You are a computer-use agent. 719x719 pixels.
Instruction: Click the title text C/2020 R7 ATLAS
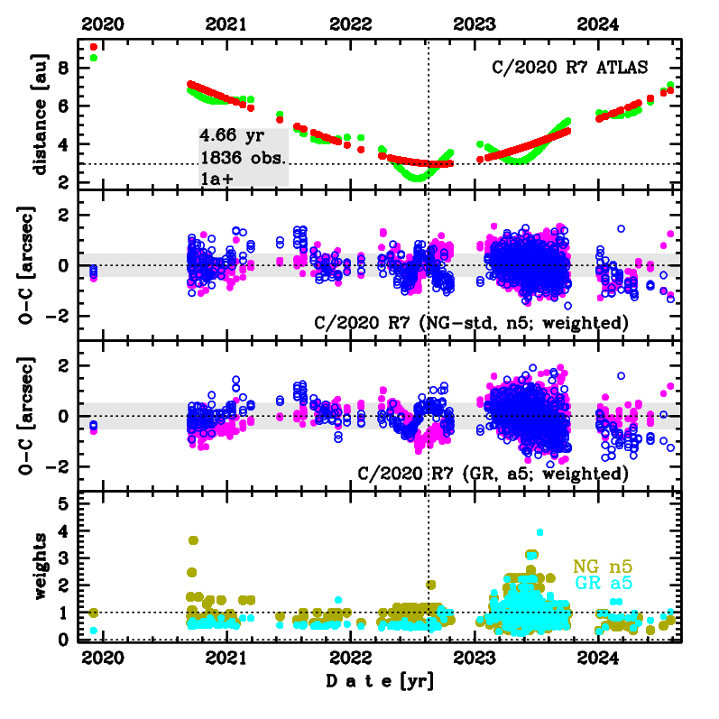[x=569, y=67]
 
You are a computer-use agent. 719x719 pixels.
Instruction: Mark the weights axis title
[x=40, y=567]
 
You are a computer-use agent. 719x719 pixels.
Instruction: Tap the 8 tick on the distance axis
[x=64, y=68]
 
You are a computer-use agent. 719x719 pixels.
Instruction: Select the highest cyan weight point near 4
[x=539, y=532]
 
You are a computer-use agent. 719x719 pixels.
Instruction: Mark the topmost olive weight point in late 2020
[x=193, y=540]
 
